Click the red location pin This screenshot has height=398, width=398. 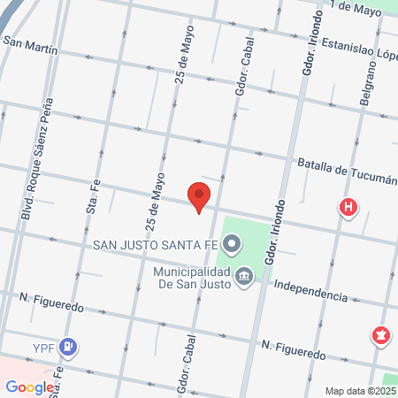coord(199,197)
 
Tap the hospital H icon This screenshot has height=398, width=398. coord(349,209)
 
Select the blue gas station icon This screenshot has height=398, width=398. coord(68,346)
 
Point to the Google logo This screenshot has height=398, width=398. coord(29,387)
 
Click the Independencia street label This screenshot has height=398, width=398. coord(310,290)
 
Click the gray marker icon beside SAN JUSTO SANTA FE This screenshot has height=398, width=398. coord(232,241)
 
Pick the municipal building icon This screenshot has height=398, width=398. coord(244,278)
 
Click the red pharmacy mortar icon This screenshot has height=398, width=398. coord(381,335)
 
